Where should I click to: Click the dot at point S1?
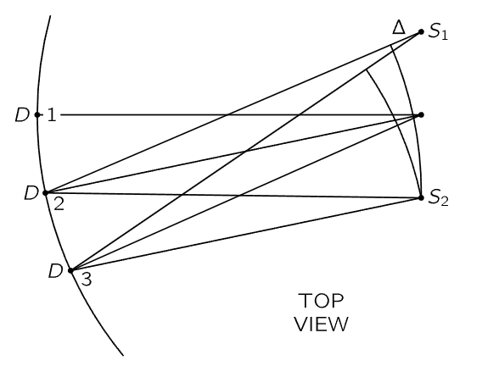point(421,32)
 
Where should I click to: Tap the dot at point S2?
point(421,198)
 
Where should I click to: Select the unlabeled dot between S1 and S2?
point(421,114)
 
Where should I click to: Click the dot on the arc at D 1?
point(37,114)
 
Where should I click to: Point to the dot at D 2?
point(45,192)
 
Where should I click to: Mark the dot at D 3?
point(71,271)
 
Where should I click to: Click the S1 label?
point(438,32)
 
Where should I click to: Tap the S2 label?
point(438,197)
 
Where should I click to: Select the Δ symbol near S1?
point(399,27)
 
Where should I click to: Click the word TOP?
point(321,301)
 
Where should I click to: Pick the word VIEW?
point(321,324)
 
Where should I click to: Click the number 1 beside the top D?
point(52,114)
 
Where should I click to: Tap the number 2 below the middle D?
point(59,203)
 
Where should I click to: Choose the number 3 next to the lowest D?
point(87,280)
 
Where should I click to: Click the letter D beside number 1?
point(22,114)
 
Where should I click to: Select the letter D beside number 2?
point(31,193)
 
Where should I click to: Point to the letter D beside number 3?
point(56,271)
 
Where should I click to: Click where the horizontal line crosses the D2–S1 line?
point(227,114)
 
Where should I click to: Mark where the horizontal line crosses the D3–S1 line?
point(299,114)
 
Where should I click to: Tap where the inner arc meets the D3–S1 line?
point(367,69)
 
